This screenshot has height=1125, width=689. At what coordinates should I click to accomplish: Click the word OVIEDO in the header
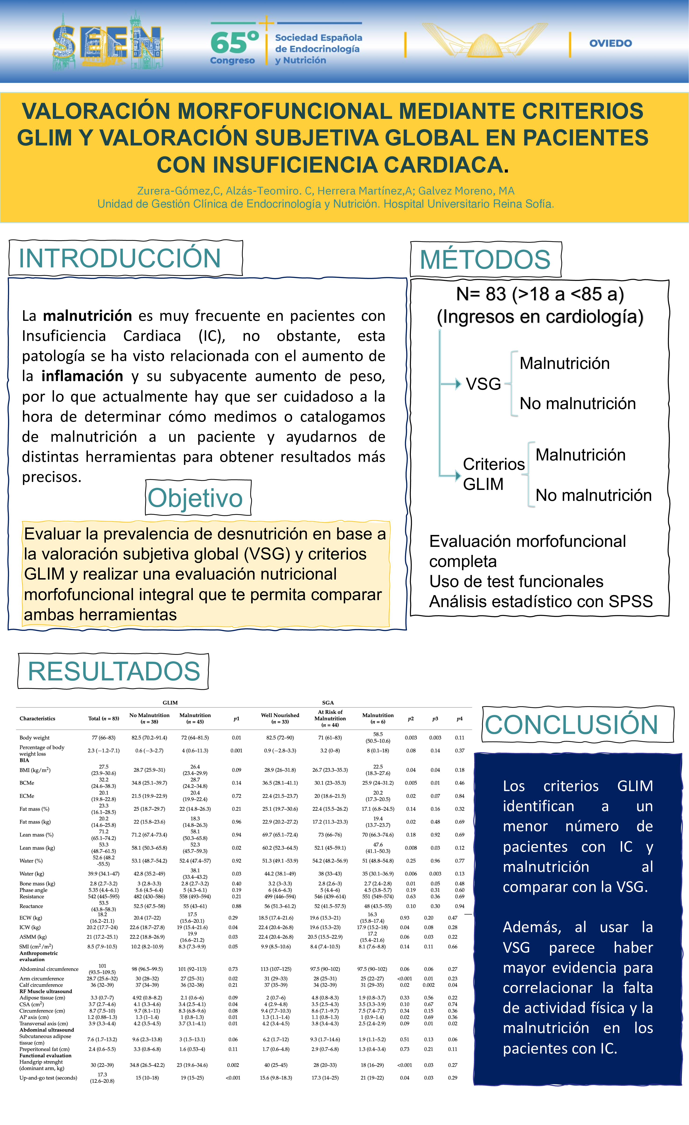[610, 43]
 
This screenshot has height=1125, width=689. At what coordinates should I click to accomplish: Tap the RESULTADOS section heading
[114, 671]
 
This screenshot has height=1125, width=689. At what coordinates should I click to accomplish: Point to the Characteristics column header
[37, 719]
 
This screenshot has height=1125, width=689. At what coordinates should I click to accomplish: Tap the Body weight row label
[35, 737]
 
